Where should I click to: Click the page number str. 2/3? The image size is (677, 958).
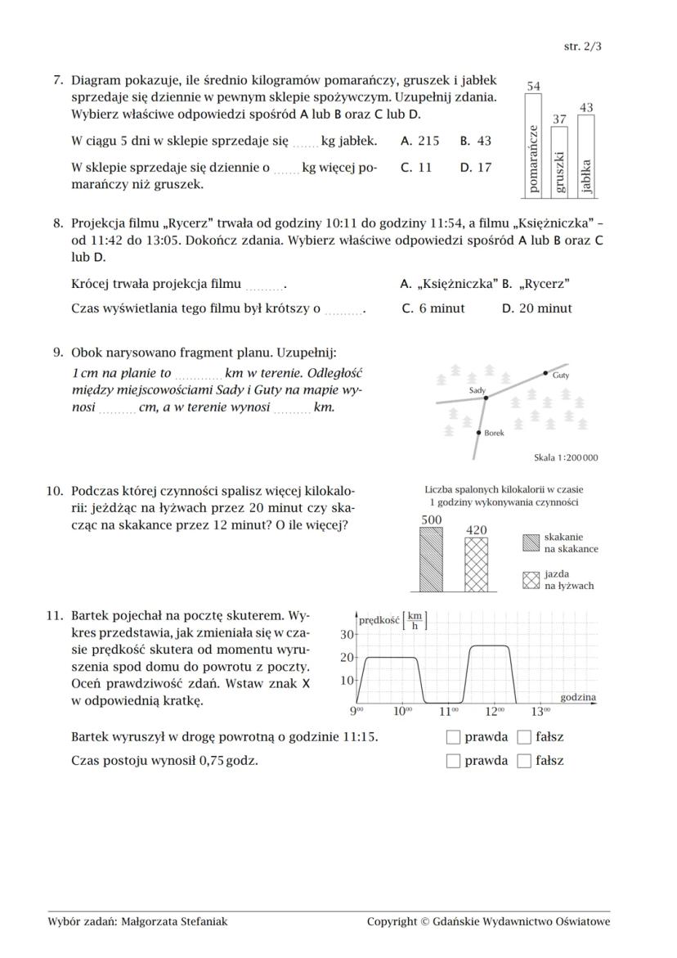[x=582, y=47]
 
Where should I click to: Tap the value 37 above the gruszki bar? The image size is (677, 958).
[x=559, y=119]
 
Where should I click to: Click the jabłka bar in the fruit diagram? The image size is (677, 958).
[x=586, y=155]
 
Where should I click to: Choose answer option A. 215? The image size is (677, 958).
[x=419, y=141]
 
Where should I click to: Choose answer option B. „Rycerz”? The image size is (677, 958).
[x=536, y=284]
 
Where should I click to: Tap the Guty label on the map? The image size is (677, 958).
[x=561, y=376]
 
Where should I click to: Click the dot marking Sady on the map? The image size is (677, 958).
[x=485, y=398]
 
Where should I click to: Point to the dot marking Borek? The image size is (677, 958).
[x=478, y=432]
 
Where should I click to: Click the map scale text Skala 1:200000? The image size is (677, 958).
[x=565, y=457]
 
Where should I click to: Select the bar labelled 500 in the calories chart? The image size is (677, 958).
[x=431, y=559]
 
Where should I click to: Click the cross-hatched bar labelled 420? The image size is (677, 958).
[x=476, y=564]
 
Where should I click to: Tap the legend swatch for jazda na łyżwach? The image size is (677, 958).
[x=531, y=580]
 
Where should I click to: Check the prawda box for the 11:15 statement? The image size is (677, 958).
[x=453, y=737]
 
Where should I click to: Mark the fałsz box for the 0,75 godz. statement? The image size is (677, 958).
[x=524, y=761]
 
